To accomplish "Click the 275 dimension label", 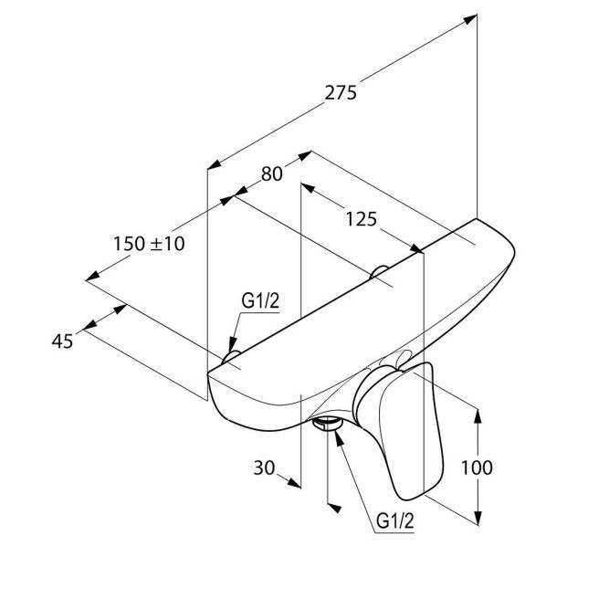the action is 341,93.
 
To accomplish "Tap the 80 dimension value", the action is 272,173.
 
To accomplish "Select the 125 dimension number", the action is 362,219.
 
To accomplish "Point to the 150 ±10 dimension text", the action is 149,244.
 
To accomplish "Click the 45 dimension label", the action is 62,341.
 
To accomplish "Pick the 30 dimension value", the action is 264,467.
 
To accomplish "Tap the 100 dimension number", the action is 477,467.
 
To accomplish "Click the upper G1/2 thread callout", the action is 260,300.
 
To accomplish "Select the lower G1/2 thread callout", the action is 395,520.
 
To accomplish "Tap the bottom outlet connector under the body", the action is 327,424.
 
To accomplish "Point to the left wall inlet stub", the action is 231,357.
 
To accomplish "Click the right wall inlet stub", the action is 379,271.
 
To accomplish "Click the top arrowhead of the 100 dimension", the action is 478,415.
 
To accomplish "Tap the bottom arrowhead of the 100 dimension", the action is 478,518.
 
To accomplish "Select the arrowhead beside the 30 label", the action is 294,483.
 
